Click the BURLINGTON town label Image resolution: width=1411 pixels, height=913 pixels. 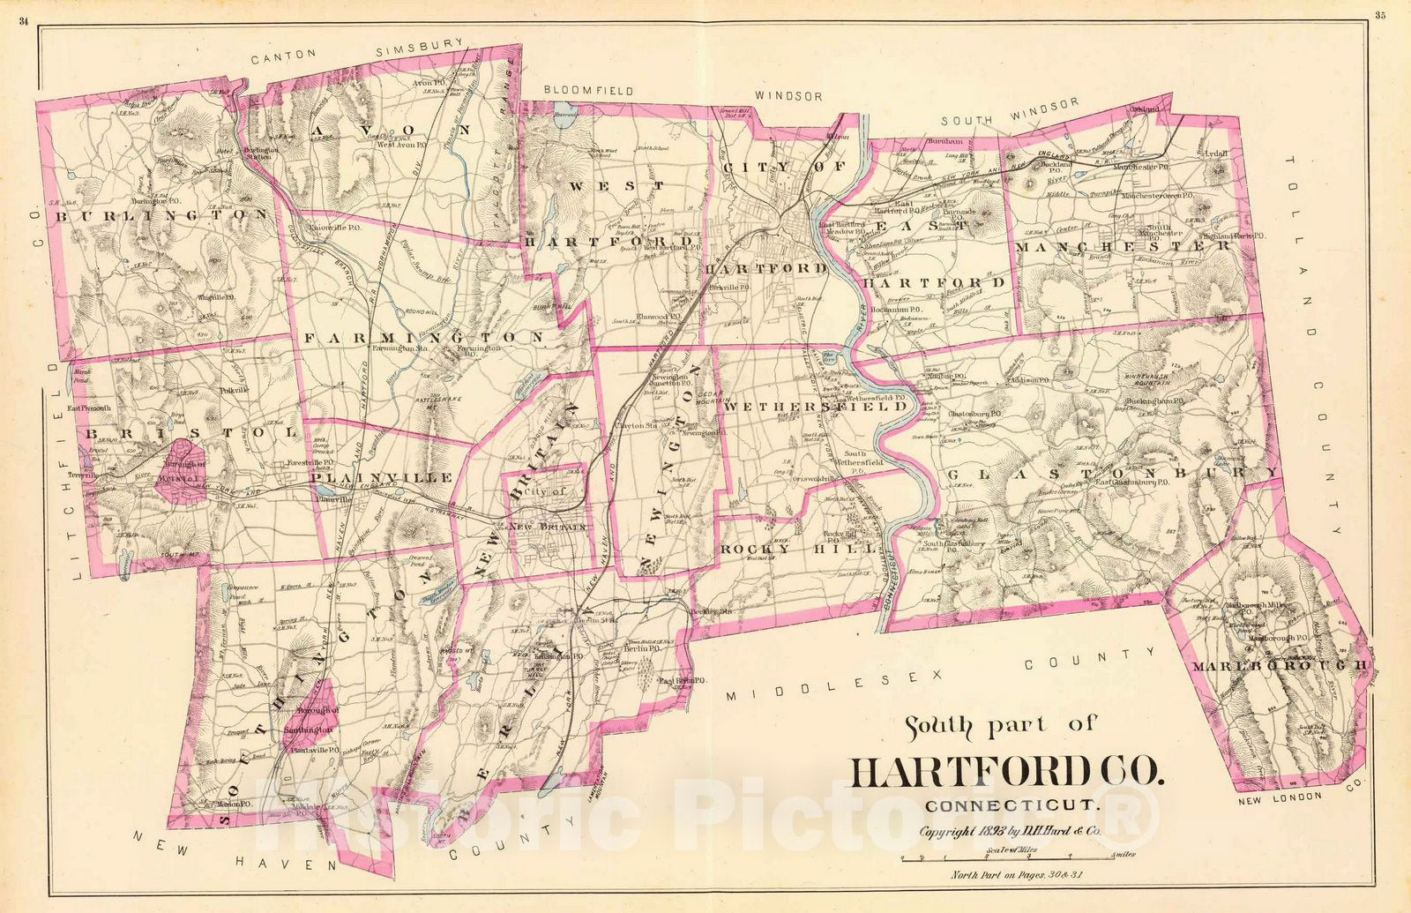[160, 214]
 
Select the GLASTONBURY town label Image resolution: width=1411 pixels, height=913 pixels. [1113, 475]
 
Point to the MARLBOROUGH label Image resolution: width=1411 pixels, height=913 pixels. [1278, 665]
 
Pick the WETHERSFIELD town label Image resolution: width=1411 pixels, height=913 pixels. [814, 408]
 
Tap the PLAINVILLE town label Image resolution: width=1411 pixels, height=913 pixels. [381, 477]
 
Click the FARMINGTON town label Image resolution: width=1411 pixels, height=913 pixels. [424, 338]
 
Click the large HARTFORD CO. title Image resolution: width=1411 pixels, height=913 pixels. [1006, 772]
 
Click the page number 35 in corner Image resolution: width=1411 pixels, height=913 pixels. [1379, 13]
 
